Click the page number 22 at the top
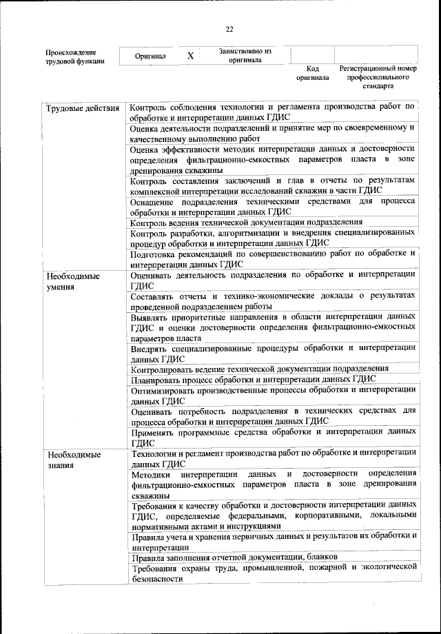[229, 28]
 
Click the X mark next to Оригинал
[190, 57]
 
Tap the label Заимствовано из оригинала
[245, 56]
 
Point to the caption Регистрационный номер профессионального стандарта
[378, 78]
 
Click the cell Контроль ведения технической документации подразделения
[246, 222]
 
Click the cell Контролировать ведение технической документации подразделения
[259, 368]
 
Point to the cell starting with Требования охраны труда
[273, 573]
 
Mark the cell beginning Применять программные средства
[273, 436]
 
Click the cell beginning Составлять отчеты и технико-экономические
[273, 300]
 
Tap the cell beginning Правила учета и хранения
[273, 540]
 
